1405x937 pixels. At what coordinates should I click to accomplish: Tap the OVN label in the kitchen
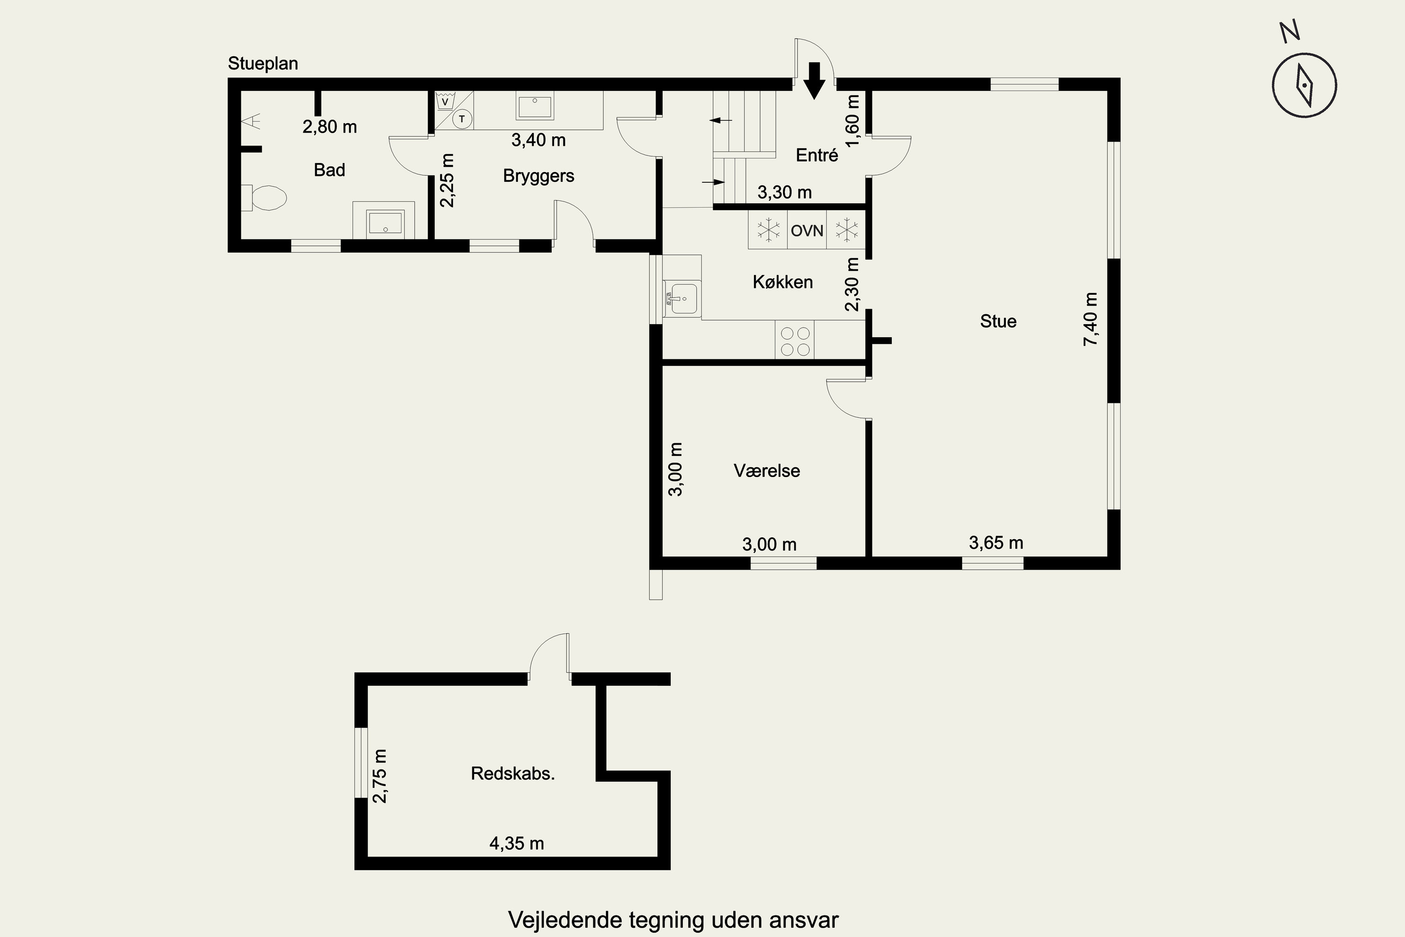coord(807,231)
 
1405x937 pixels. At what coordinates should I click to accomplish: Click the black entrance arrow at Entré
coord(814,80)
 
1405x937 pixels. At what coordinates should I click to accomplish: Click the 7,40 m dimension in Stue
coord(1090,319)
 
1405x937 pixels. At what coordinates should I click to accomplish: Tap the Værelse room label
coord(767,471)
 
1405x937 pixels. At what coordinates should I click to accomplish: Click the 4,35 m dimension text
coord(517,843)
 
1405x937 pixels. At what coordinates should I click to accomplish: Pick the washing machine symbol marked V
coord(444,101)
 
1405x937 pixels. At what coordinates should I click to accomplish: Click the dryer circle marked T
coord(462,119)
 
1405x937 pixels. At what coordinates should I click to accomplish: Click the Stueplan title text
coord(263,64)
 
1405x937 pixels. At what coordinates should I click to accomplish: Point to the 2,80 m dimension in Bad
coord(330,126)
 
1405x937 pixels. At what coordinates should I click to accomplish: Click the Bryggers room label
coord(539,176)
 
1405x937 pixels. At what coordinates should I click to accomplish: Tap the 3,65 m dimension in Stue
coord(996,543)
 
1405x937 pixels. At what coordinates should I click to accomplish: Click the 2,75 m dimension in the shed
coord(380,776)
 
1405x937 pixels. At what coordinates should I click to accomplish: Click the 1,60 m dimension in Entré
coord(853,120)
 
